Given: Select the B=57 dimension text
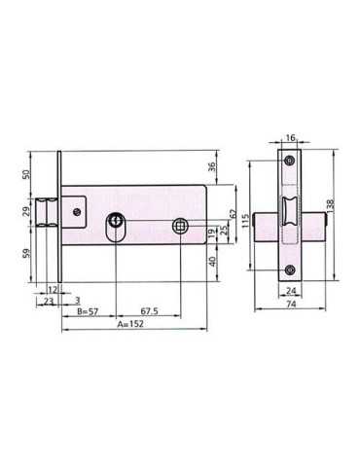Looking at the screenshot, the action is coord(88,311).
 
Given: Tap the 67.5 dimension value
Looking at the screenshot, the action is coord(149,311).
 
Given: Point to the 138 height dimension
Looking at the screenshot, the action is coord(331,206).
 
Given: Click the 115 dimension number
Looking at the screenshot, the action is coord(246,220).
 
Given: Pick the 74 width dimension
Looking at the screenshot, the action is coord(292,304).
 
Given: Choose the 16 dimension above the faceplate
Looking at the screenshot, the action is coord(291,138).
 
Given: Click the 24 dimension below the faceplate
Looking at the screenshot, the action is coord(291,291).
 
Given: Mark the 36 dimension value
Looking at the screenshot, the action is coord(211,166).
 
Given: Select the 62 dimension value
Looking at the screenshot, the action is coord(233,213).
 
